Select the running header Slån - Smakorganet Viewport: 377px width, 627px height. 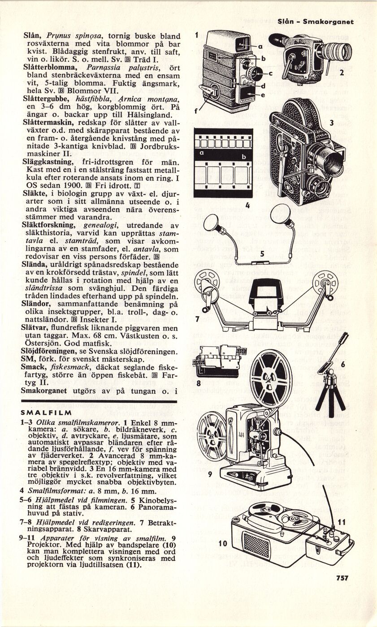click(x=316, y=21)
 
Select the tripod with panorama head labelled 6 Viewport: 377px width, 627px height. click(x=330, y=381)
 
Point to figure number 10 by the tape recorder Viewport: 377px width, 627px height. click(x=223, y=544)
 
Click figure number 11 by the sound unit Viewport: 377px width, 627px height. click(x=342, y=522)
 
